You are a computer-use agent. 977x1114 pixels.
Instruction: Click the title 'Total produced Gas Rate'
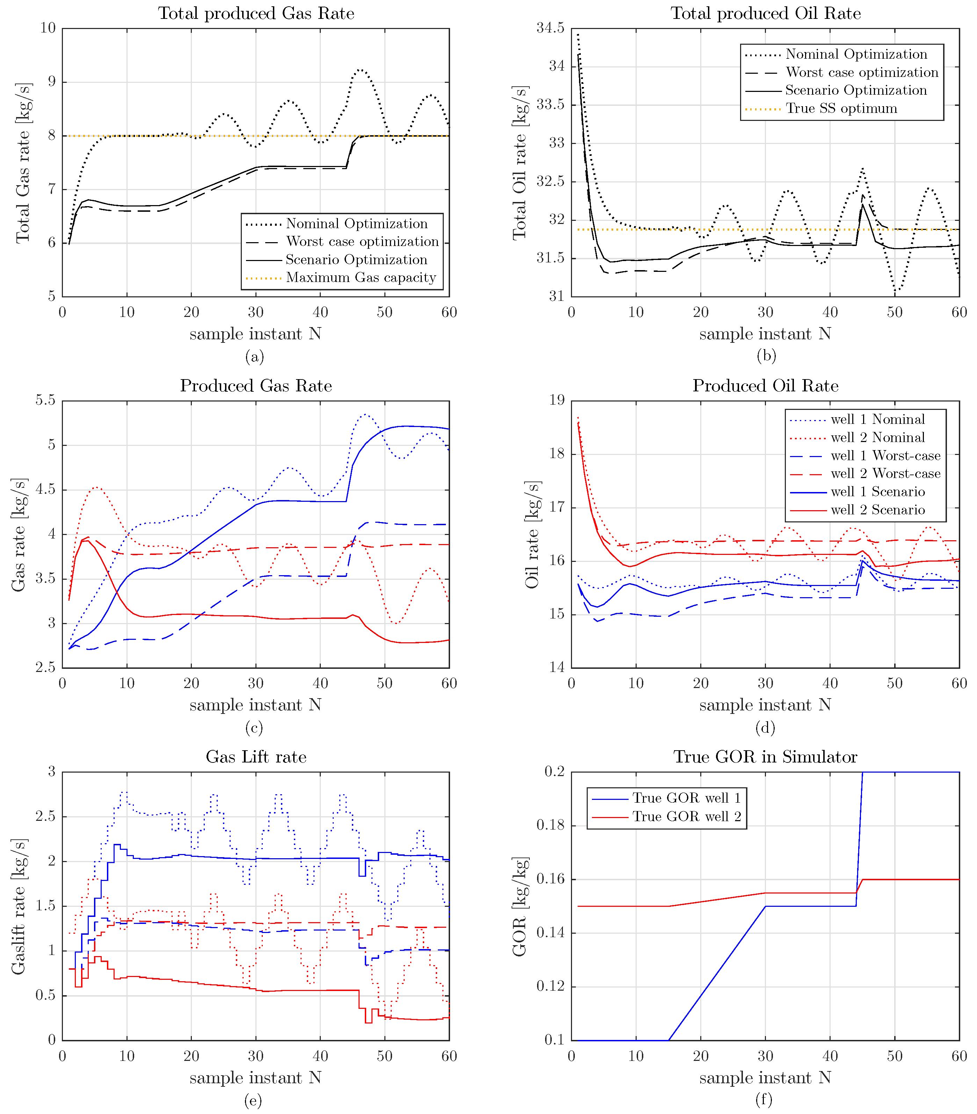pyautogui.click(x=256, y=14)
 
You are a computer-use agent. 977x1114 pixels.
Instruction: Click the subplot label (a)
pyautogui.click(x=254, y=357)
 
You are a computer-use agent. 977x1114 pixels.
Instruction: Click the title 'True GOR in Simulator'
pyautogui.click(x=765, y=757)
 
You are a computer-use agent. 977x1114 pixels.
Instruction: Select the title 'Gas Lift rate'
pyautogui.click(x=256, y=757)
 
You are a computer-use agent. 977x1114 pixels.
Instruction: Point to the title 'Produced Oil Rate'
pyautogui.click(x=765, y=386)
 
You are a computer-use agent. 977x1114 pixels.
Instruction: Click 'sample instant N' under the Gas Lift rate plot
pyautogui.click(x=255, y=1078)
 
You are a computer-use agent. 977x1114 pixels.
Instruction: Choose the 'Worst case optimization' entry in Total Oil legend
pyautogui.click(x=861, y=72)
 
